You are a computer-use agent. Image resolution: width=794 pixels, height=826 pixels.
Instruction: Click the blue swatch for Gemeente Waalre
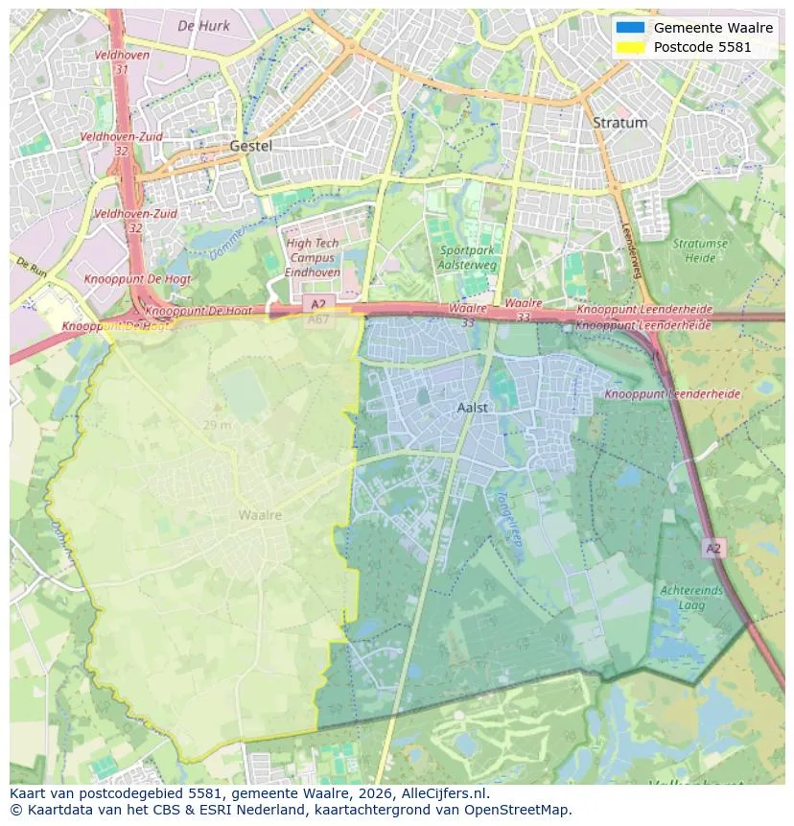631,28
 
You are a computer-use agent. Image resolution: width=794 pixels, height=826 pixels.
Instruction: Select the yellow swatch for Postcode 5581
631,47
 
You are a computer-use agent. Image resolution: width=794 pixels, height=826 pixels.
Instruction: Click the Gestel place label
251,146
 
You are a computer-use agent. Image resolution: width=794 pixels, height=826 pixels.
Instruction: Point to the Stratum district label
619,123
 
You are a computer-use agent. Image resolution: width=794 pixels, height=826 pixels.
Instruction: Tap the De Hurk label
204,26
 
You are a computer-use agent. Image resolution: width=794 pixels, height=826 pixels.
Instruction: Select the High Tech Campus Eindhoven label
313,258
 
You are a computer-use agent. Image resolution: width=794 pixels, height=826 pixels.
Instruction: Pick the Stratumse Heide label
699,250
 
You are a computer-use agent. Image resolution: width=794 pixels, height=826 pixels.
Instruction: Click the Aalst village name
473,407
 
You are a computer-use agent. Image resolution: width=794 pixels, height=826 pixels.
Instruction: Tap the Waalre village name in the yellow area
260,515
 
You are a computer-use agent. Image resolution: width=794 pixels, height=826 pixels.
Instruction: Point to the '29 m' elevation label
217,425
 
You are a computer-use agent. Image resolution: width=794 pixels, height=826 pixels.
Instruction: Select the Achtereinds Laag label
690,598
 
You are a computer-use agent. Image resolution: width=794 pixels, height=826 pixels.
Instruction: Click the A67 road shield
318,319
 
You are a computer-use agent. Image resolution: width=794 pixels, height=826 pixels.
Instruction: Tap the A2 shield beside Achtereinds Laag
712,548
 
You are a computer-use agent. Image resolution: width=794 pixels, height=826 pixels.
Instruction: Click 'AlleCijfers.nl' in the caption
444,793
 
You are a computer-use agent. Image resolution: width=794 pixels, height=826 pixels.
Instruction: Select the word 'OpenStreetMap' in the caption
521,810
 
